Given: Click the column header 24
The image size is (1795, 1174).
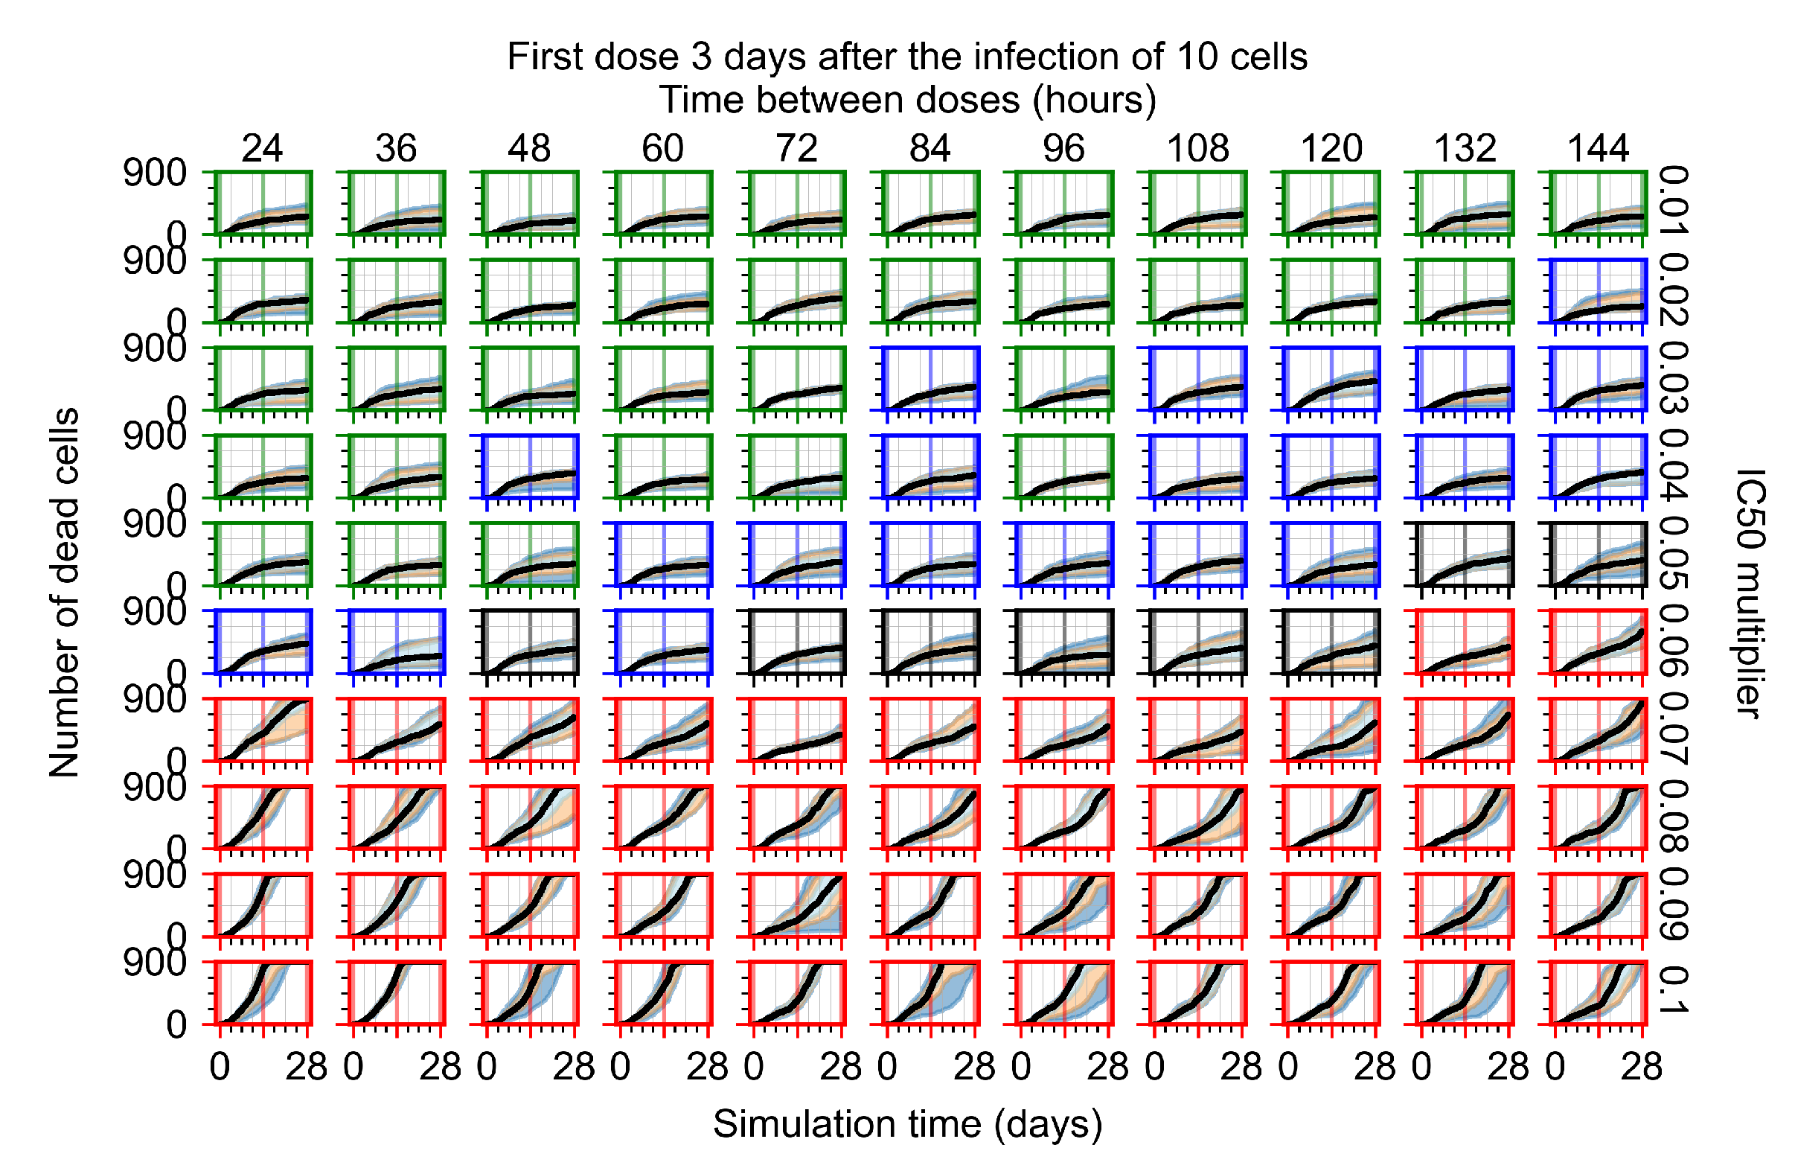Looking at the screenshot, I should coord(262,149).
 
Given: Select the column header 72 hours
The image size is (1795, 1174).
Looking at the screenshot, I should coord(796,149).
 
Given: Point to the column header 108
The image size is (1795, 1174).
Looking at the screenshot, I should coord(1197,149).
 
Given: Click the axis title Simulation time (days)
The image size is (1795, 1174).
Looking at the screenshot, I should coord(907,1124).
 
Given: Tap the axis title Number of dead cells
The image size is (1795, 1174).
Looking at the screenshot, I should coord(64,593).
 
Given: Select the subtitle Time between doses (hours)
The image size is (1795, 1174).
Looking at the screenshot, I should coord(907,101).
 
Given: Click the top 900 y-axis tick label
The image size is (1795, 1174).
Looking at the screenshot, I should coord(155,173).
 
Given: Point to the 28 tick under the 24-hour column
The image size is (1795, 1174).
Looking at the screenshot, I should coord(306,1067).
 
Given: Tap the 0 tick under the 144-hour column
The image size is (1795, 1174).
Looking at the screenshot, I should coord(1555,1067).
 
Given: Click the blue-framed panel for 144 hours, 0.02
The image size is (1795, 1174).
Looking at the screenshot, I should coord(1597,290).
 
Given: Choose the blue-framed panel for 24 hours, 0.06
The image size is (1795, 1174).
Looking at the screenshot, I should coord(263,641).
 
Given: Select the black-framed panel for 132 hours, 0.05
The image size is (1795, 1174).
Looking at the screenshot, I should coord(1465,554).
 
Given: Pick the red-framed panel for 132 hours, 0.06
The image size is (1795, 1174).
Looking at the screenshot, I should coord(1465,641).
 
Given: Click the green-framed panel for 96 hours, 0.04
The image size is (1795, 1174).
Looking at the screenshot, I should coord(1064,466).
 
